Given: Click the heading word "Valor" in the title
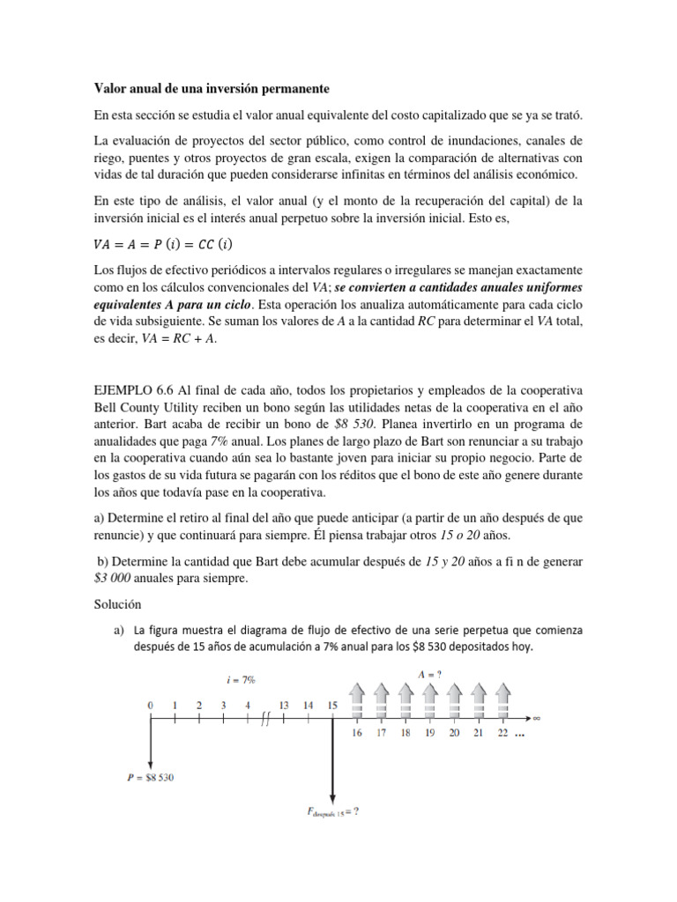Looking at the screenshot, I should click(112, 89).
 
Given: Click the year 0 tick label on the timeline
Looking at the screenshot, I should click(151, 705).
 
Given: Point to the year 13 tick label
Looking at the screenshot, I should click(284, 705).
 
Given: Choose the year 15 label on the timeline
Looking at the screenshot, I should click(332, 705).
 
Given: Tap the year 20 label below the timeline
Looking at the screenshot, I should click(454, 733).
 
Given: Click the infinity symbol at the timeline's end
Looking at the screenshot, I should click(536, 718).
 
